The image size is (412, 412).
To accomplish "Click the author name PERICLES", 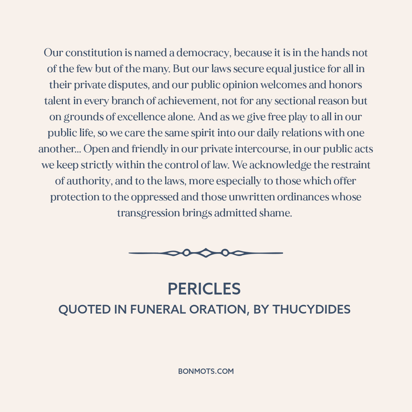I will click(x=204, y=289).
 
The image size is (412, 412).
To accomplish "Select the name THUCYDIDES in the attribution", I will click(x=312, y=309).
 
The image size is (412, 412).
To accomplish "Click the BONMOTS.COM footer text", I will click(x=206, y=371).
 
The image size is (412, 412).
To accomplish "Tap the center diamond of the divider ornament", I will click(x=206, y=253).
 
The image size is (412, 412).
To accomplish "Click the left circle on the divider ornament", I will click(x=186, y=253).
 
